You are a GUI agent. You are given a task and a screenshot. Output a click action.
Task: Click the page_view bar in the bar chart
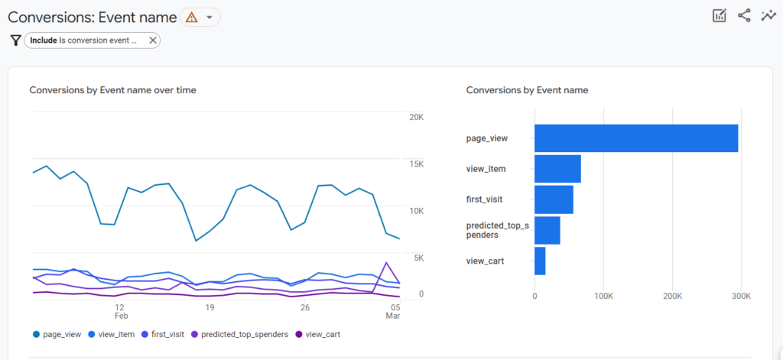click(635, 138)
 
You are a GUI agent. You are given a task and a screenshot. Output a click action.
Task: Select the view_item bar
click(557, 169)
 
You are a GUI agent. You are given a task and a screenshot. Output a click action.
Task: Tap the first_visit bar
click(554, 199)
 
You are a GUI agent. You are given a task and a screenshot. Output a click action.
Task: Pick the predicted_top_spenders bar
click(547, 230)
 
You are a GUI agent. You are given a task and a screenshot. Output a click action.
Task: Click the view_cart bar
click(540, 261)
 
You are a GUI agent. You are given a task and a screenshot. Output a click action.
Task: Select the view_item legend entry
click(112, 334)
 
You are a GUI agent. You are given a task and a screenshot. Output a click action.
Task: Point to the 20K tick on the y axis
click(417, 117)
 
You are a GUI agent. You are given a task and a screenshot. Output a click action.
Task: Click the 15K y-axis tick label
click(417, 164)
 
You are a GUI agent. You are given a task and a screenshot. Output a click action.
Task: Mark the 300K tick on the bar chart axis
click(742, 295)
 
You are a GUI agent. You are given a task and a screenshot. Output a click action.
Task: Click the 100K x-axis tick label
click(603, 295)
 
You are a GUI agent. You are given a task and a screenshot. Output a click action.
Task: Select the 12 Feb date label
click(120, 311)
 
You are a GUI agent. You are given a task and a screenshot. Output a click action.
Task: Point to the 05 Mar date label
click(392, 311)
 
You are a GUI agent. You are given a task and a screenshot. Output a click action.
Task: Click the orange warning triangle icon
click(191, 17)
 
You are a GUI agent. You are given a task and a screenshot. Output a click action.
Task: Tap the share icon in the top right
click(744, 15)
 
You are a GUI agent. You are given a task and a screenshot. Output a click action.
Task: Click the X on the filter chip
click(152, 41)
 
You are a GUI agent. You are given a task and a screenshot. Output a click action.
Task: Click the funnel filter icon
click(15, 41)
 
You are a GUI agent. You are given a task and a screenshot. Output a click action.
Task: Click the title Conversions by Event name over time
click(112, 90)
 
